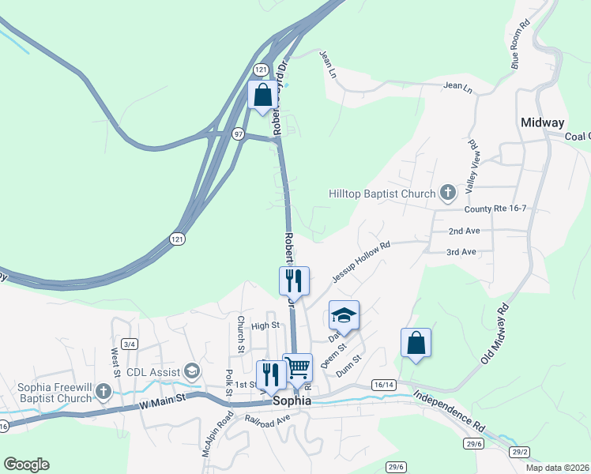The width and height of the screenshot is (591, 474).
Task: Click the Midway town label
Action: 543,122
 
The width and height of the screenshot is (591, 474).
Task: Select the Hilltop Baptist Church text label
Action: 382,194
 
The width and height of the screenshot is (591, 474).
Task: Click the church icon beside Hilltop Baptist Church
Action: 448,192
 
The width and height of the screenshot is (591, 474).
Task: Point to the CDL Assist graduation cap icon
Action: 191,371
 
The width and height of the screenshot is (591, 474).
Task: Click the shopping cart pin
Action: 298,367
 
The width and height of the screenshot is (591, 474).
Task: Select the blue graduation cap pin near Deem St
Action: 344,315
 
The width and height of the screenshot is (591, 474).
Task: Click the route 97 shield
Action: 238,134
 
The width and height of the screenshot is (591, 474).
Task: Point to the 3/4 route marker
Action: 130,344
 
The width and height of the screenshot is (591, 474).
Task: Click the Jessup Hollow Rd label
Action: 361,262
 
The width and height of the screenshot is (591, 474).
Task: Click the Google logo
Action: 26,465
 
